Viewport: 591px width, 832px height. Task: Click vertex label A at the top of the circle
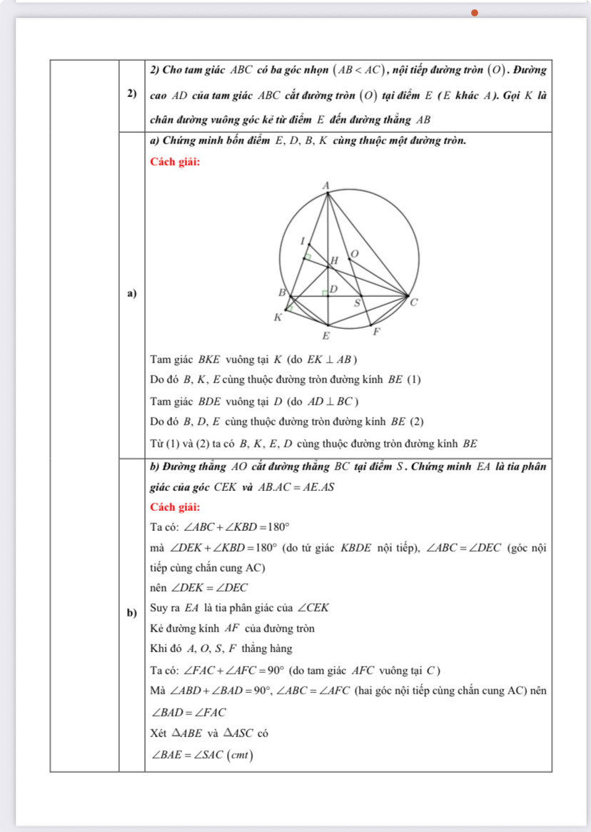pos(326,186)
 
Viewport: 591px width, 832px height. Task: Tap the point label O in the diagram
pos(351,253)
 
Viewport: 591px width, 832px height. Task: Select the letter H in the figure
pos(332,262)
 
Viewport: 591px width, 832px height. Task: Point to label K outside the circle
pos(278,318)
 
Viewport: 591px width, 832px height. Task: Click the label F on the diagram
pos(378,333)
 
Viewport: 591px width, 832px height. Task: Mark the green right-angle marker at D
pos(324,293)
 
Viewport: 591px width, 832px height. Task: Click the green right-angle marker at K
pos(291,308)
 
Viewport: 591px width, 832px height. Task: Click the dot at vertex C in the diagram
pos(408,295)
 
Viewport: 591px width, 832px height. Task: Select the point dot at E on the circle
pos(328,325)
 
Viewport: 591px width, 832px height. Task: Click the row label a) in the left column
pos(131,293)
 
